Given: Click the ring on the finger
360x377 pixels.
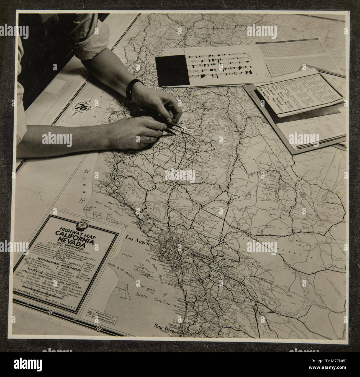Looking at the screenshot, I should click(150, 139).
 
